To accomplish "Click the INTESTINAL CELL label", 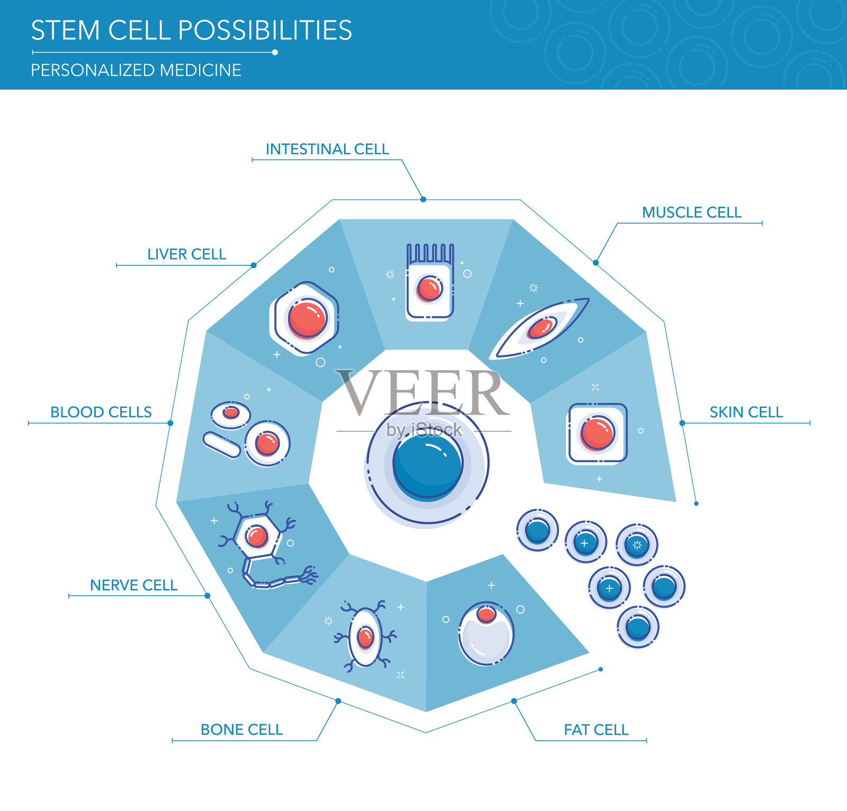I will [x=327, y=149].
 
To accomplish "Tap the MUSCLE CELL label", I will [x=691, y=212].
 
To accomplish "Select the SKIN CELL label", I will [x=746, y=412].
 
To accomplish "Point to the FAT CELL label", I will [x=596, y=730].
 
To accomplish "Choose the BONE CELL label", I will [x=241, y=730].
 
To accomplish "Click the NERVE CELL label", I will [x=133, y=585].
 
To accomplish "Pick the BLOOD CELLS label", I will [x=101, y=412].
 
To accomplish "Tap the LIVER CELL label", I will [x=186, y=254].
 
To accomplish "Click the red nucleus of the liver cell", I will [x=307, y=318].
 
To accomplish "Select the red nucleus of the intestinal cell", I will [x=429, y=289].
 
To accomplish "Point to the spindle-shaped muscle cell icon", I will [x=540, y=328].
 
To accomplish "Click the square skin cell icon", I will [x=597, y=433].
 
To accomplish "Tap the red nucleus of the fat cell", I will [x=486, y=614].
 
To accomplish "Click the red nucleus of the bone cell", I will [x=365, y=637].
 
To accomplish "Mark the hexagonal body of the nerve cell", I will [x=257, y=537].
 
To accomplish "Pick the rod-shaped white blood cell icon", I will [x=222, y=445].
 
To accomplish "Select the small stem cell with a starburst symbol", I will [x=637, y=545].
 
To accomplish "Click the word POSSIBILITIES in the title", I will [x=265, y=30].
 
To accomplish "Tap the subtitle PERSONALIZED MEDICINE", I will [x=136, y=70].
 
